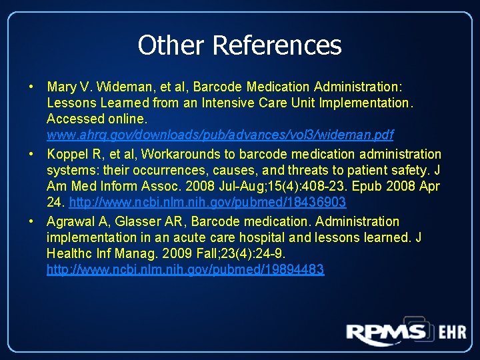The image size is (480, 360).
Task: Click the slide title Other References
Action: (239, 45)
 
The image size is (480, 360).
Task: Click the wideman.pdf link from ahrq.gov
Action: (220, 135)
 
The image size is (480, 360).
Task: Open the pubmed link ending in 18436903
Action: (207, 202)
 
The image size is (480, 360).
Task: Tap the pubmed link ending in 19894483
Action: (185, 269)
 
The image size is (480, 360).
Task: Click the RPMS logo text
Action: (386, 333)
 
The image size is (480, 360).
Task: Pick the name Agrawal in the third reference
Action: (69, 221)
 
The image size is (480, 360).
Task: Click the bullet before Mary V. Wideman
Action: (31, 87)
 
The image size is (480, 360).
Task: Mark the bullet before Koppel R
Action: (31, 155)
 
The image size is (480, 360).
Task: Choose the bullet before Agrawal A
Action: (31, 221)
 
